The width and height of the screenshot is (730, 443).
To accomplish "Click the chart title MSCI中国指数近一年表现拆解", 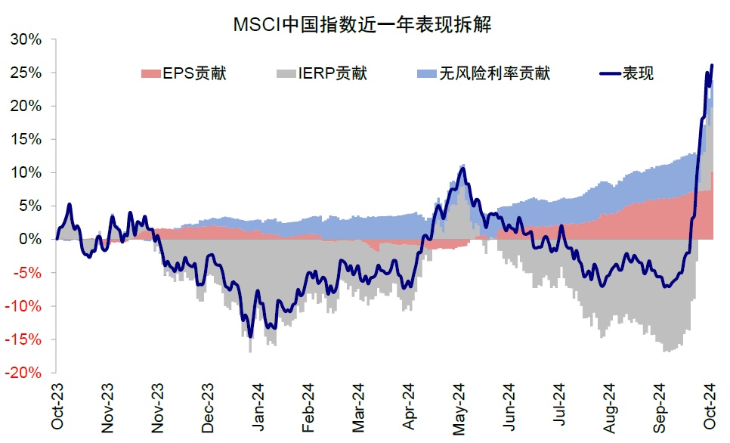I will (363, 25).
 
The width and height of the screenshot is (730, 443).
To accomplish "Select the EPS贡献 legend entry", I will (184, 73).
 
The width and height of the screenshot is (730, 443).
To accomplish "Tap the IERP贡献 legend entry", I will (322, 73).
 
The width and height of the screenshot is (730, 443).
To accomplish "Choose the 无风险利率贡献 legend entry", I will (484, 73).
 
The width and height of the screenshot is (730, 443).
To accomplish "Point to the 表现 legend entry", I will (628, 73).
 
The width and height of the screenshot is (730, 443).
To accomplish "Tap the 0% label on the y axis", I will (32, 239).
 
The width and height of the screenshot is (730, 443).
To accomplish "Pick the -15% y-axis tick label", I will (26, 339).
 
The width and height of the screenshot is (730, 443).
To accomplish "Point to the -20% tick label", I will (26, 373).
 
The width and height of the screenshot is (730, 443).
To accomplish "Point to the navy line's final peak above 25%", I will (712, 66).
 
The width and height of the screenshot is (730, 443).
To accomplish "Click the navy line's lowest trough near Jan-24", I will (250, 336).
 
